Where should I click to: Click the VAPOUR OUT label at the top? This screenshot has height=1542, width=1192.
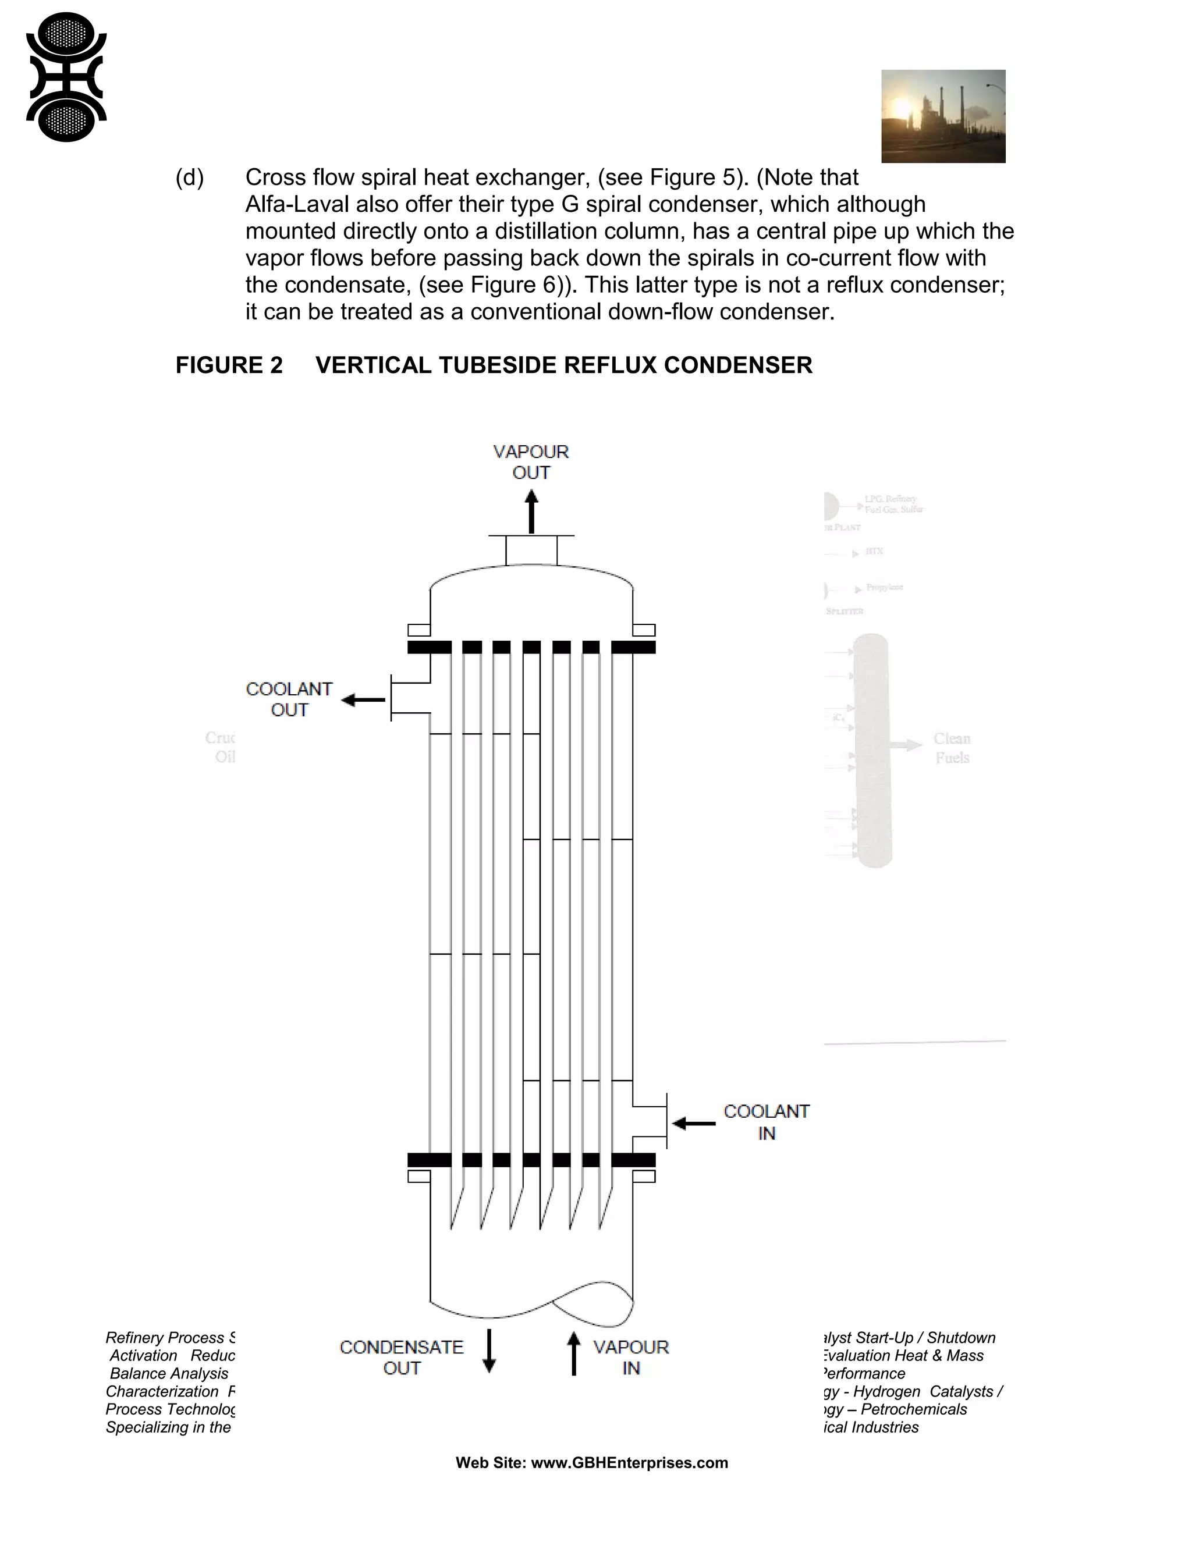pos(530,462)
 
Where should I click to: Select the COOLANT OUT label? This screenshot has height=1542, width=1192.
pos(289,699)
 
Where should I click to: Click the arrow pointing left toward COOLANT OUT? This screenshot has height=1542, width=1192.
pos(363,699)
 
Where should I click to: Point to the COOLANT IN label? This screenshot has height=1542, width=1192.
pos(766,1122)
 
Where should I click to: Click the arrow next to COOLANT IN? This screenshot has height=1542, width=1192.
pos(693,1122)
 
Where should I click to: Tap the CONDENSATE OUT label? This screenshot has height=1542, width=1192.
pos(401,1357)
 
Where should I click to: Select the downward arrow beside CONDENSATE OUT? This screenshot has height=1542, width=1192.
pos(489,1351)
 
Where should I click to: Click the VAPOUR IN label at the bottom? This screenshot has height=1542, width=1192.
pos(630,1357)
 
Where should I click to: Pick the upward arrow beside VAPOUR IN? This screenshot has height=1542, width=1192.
pos(573,1353)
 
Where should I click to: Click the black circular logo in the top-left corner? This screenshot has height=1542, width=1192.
pos(66,77)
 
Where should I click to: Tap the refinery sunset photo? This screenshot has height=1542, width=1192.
pos(943,116)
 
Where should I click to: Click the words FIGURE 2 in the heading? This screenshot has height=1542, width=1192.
pos(229,365)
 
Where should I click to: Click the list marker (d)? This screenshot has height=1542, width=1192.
pos(189,177)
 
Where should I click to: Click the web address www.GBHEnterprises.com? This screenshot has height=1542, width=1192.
pos(629,1462)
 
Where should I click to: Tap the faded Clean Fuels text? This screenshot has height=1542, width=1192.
pos(951,748)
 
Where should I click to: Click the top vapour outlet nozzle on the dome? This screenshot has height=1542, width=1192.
pos(531,550)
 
